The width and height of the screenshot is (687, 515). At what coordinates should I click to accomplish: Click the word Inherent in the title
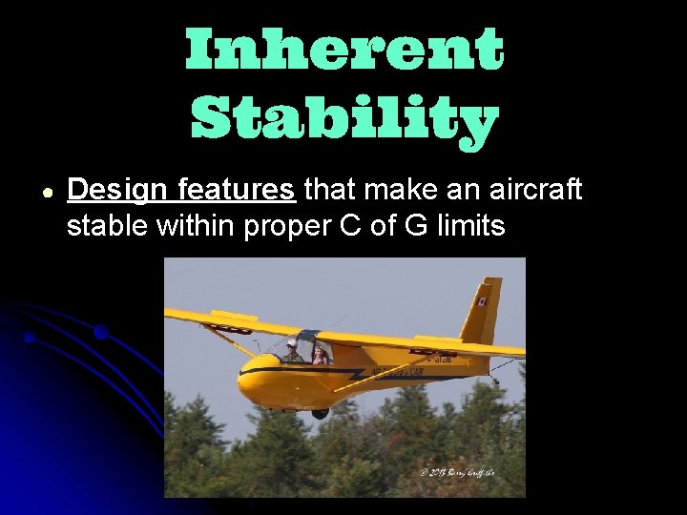pos(343,50)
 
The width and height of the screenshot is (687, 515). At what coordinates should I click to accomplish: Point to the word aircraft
pos(533,190)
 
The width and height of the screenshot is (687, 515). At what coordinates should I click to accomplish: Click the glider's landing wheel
pos(320,412)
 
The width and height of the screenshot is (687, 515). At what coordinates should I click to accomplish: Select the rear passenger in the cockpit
pos(319,355)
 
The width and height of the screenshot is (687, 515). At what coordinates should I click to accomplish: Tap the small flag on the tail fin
pos(482,301)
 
